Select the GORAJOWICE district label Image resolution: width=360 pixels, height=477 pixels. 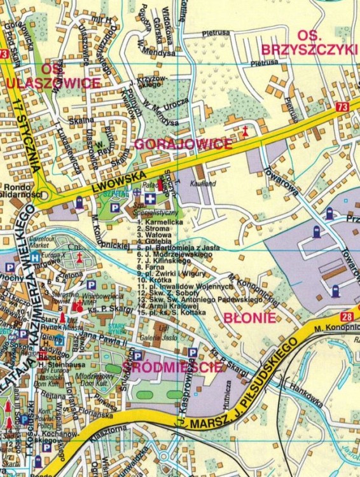[183, 144]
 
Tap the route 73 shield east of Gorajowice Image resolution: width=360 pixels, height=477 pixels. [343, 108]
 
